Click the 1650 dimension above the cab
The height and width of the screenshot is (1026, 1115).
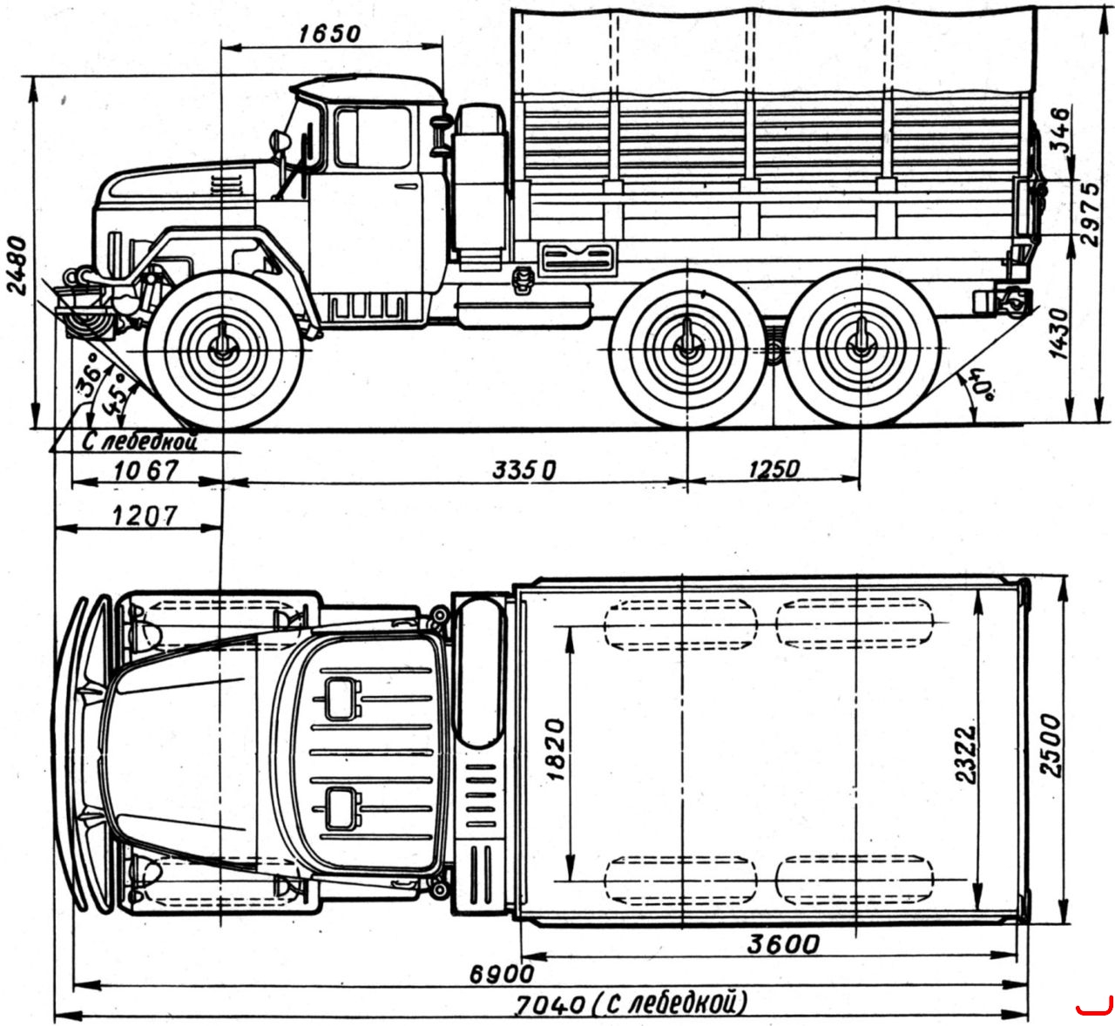[329, 34]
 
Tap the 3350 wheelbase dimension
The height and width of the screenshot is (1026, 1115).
[524, 471]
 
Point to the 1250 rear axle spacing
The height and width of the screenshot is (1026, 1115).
[774, 469]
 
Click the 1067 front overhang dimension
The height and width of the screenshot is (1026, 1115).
[146, 471]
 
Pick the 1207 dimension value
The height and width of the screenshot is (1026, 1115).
[145, 516]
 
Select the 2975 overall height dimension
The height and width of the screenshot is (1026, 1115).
[1090, 214]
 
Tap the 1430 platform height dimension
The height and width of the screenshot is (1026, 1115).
[1059, 334]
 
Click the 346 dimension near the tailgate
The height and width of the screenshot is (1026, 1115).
[1059, 130]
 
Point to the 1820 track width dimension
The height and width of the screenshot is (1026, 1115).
[555, 750]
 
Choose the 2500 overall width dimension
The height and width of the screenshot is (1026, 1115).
[1051, 746]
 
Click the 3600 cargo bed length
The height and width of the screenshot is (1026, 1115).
[783, 944]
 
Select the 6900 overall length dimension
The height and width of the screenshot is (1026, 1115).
[502, 975]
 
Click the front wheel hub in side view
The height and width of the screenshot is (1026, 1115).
[223, 349]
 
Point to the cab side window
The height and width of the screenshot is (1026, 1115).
[373, 138]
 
